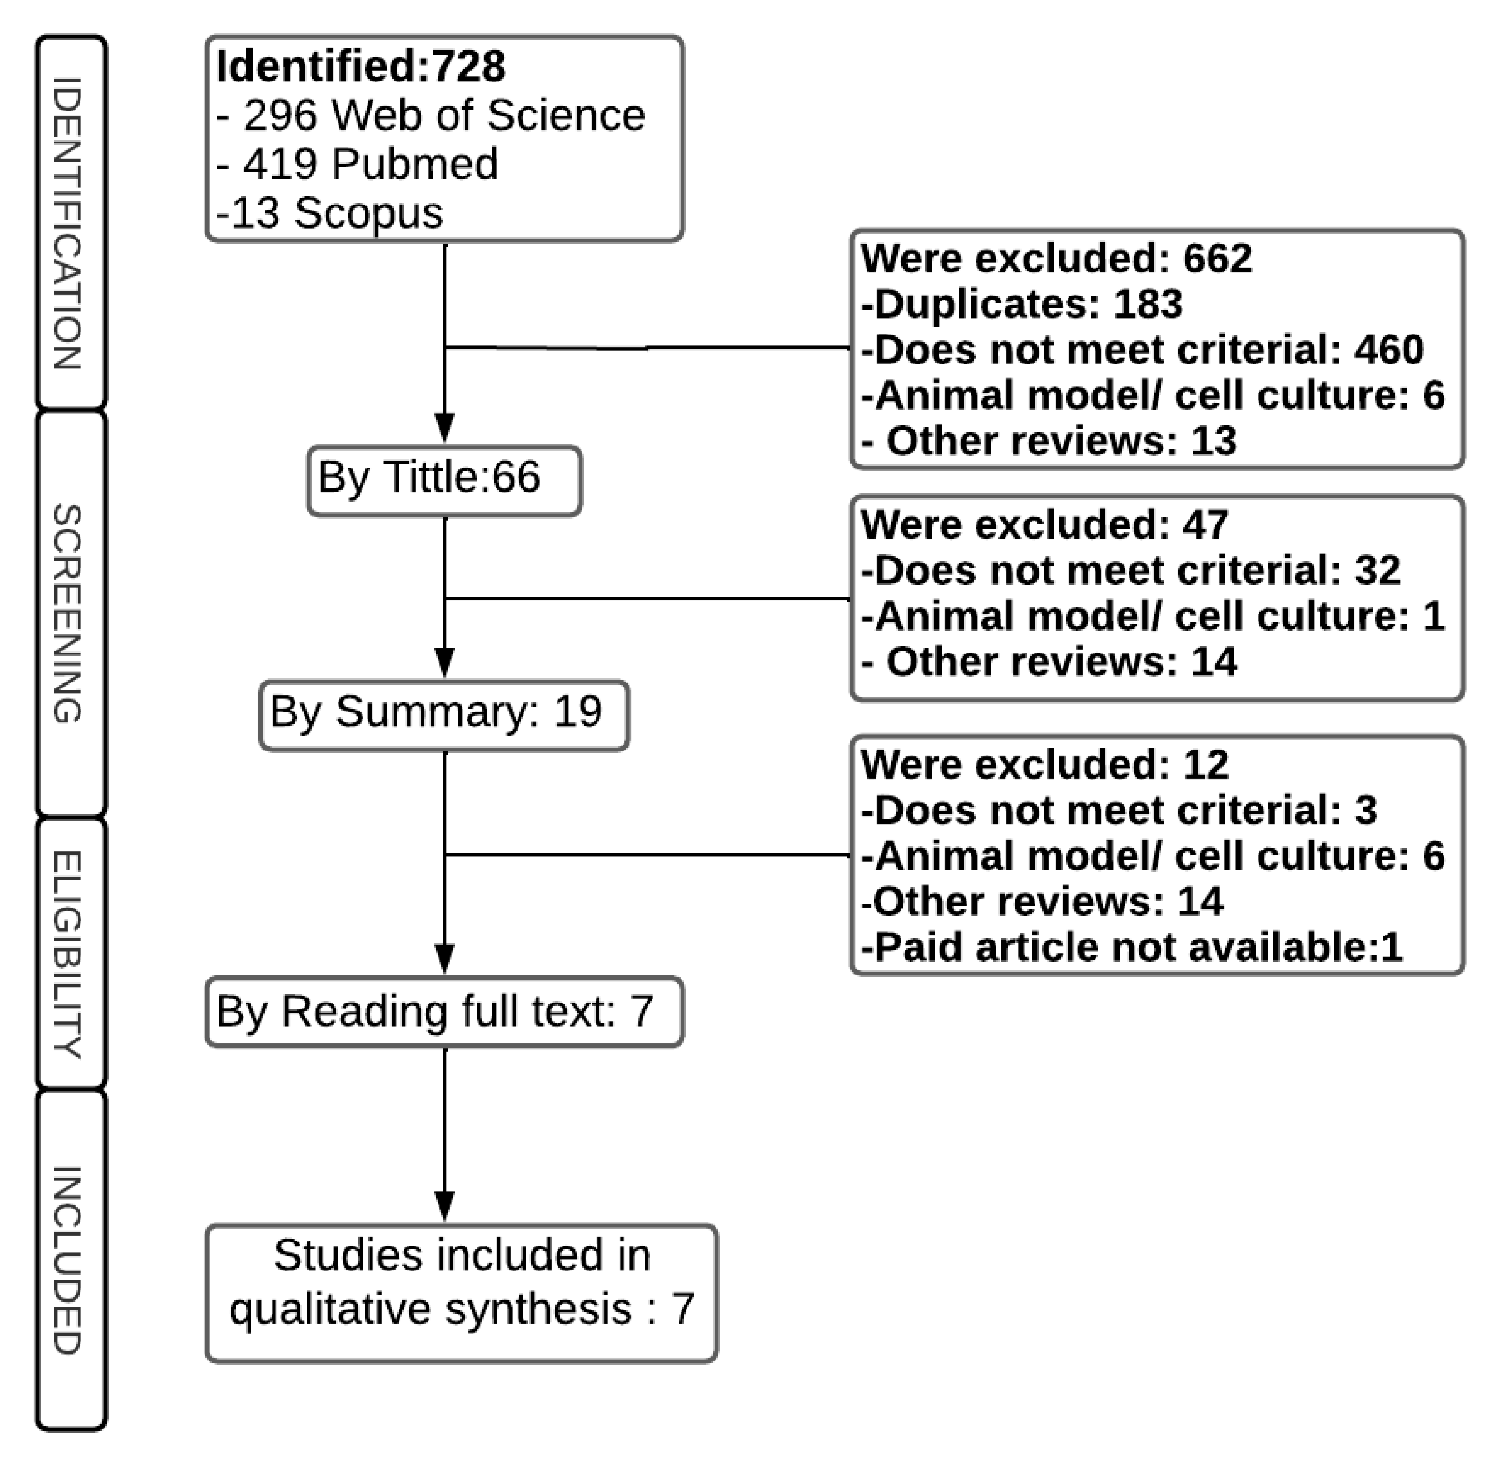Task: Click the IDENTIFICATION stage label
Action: (69, 223)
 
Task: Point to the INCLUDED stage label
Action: (69, 1260)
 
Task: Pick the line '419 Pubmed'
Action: (358, 164)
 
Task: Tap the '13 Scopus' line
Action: (330, 213)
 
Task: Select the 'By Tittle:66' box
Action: (444, 479)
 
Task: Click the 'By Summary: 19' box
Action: (444, 714)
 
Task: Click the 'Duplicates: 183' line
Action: (1022, 304)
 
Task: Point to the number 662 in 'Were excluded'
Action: (1217, 258)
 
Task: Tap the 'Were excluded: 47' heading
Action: (1045, 525)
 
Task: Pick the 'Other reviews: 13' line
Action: (1049, 441)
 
